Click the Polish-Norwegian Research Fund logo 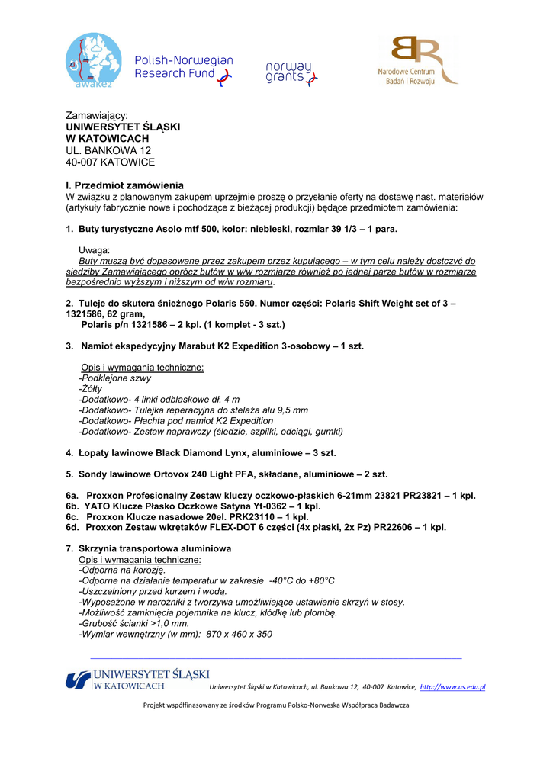pos(183,68)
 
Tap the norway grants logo pos(291,73)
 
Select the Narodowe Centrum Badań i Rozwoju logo pos(416,60)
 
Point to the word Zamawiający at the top pos(96,115)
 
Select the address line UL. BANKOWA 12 pos(108,150)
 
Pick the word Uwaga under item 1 pos(95,250)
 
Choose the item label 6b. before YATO pos(73,506)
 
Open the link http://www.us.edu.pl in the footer pos(453,687)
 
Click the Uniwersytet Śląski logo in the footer pos(137,680)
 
